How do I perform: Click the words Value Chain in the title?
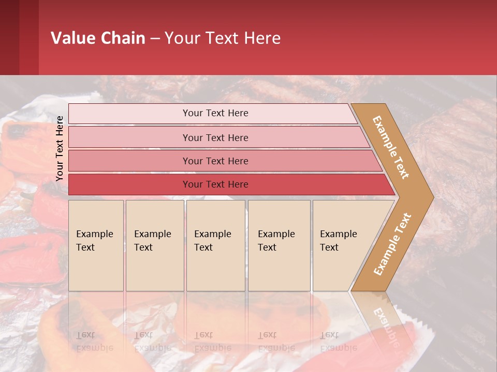pos(98,38)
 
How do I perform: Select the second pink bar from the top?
pos(215,137)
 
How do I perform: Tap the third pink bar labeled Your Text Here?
pos(215,161)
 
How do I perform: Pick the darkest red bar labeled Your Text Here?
pos(215,184)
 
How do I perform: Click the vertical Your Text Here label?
pos(60,148)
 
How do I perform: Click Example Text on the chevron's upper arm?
pos(391,147)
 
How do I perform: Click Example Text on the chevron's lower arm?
pos(392,244)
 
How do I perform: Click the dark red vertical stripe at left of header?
pos(28,37)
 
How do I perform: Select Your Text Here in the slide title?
pos(223,38)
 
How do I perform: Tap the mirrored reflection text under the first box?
pos(95,341)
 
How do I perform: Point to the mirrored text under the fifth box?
pos(338,341)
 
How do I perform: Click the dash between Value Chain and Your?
pos(155,39)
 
